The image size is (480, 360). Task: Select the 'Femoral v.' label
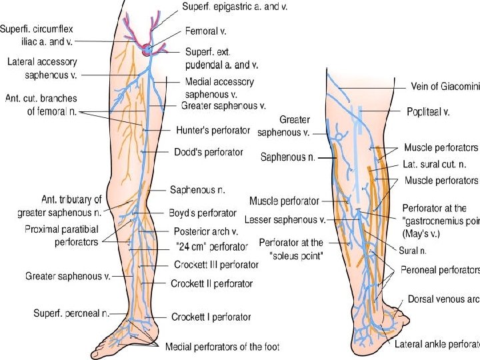[203, 30]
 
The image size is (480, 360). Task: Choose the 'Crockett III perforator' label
[215, 265]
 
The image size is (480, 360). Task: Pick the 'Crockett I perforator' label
[211, 317]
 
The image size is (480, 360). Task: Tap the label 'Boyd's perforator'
[202, 213]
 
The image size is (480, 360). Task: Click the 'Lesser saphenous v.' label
[285, 219]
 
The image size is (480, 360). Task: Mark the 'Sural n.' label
[413, 251]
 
